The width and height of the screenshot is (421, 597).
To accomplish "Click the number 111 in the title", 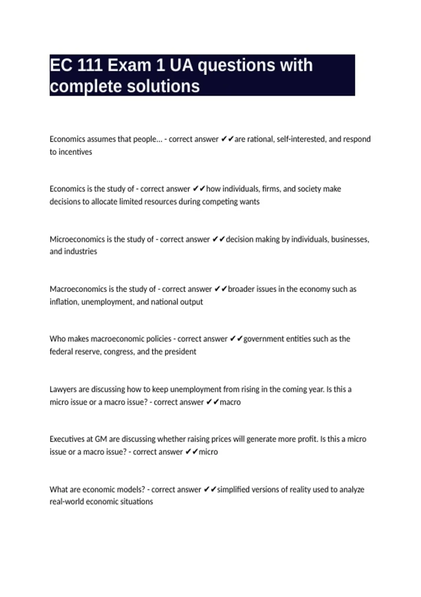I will [89, 65].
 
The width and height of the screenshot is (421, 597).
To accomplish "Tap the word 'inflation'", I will [64, 302].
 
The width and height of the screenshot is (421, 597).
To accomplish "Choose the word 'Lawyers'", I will [63, 389].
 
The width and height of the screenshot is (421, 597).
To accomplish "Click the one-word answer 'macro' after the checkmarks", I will [230, 402].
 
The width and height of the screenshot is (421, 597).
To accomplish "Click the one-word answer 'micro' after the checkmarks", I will [208, 452].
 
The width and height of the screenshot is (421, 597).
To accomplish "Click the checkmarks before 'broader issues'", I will [221, 289].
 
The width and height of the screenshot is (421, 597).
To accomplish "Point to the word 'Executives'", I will [67, 439].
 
